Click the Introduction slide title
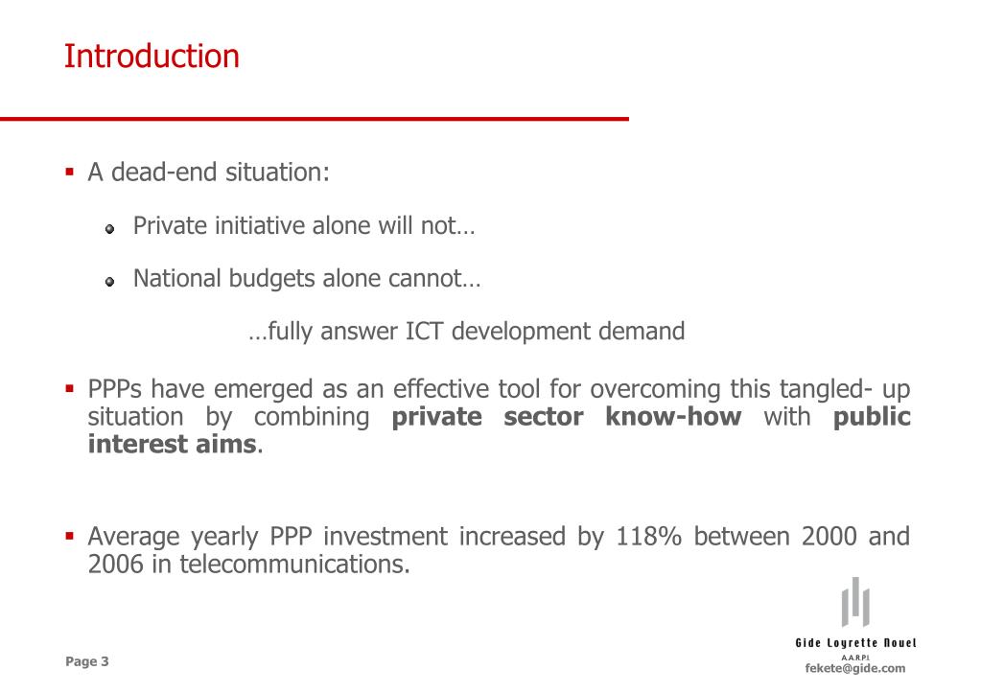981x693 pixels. (x=152, y=57)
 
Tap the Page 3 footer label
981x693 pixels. (x=87, y=661)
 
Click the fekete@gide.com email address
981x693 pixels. (x=854, y=668)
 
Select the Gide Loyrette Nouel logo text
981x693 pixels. (x=855, y=642)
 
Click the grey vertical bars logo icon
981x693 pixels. (x=855, y=601)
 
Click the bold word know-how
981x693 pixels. (x=673, y=417)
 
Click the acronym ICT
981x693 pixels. (x=425, y=332)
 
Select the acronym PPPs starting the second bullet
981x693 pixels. (x=117, y=389)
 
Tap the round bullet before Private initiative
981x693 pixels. (x=110, y=229)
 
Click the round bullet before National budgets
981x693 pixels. (x=110, y=282)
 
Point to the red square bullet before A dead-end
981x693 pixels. (x=70, y=173)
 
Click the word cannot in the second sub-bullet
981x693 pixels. (x=433, y=279)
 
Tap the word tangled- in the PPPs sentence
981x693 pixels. (x=827, y=389)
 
